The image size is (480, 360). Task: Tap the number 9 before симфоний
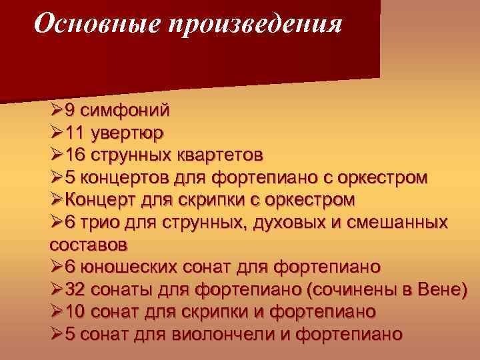69,110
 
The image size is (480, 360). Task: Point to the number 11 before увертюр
75,133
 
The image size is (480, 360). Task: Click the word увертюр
129,133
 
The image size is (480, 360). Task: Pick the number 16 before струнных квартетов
75,155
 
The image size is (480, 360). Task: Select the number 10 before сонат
75,312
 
